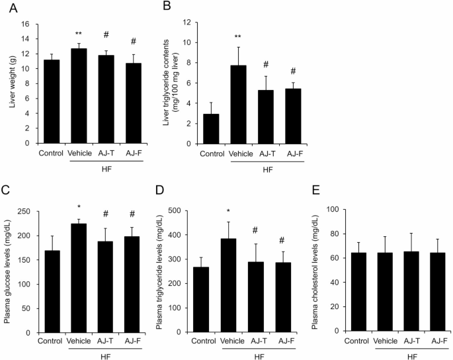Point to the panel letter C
pyautogui.click(x=6, y=194)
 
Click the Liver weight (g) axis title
pyautogui.click(x=9, y=83)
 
